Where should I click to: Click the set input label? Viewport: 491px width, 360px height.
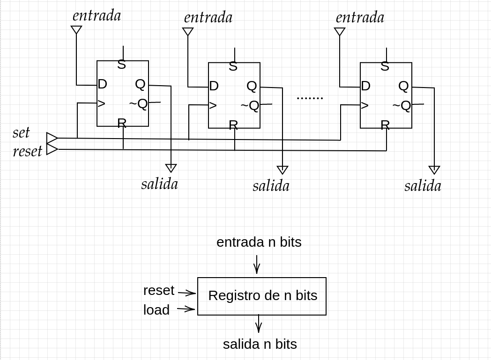coord(21,132)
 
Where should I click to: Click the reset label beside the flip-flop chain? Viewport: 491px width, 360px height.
coord(27,151)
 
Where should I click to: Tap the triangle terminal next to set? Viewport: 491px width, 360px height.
coord(52,138)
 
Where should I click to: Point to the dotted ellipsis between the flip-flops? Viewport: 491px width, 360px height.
coord(310,98)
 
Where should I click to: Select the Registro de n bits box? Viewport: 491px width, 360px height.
coord(262,296)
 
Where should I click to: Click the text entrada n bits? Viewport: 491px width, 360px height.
coord(259,242)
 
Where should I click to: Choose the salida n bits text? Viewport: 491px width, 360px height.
coord(260,344)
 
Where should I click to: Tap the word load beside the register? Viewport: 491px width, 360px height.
coord(156,310)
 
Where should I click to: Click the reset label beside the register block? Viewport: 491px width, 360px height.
coord(159,290)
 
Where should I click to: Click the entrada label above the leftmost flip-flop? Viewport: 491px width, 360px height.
coord(97,15)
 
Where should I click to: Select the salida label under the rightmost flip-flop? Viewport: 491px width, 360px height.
coord(423,186)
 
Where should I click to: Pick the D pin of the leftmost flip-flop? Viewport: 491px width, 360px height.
coord(102,84)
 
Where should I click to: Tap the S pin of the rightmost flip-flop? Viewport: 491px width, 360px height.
coord(385,66)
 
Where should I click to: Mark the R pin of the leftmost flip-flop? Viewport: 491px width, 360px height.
coord(122,123)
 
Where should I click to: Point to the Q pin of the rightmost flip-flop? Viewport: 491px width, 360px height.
coord(403,86)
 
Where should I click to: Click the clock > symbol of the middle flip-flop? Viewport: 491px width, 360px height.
coord(213,105)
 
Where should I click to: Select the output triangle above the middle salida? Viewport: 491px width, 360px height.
coord(282,170)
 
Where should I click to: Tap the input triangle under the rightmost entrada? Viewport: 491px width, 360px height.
coord(340,32)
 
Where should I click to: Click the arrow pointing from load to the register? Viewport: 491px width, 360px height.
coord(186,309)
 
